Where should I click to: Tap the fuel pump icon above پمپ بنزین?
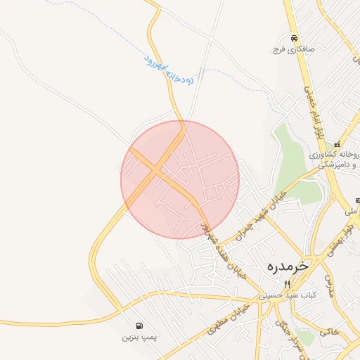click(x=139, y=326)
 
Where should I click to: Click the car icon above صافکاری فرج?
click(x=293, y=39)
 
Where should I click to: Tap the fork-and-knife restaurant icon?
click(x=287, y=284)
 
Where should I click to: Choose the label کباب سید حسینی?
click(x=287, y=295)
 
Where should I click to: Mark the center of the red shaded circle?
click(x=180, y=179)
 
